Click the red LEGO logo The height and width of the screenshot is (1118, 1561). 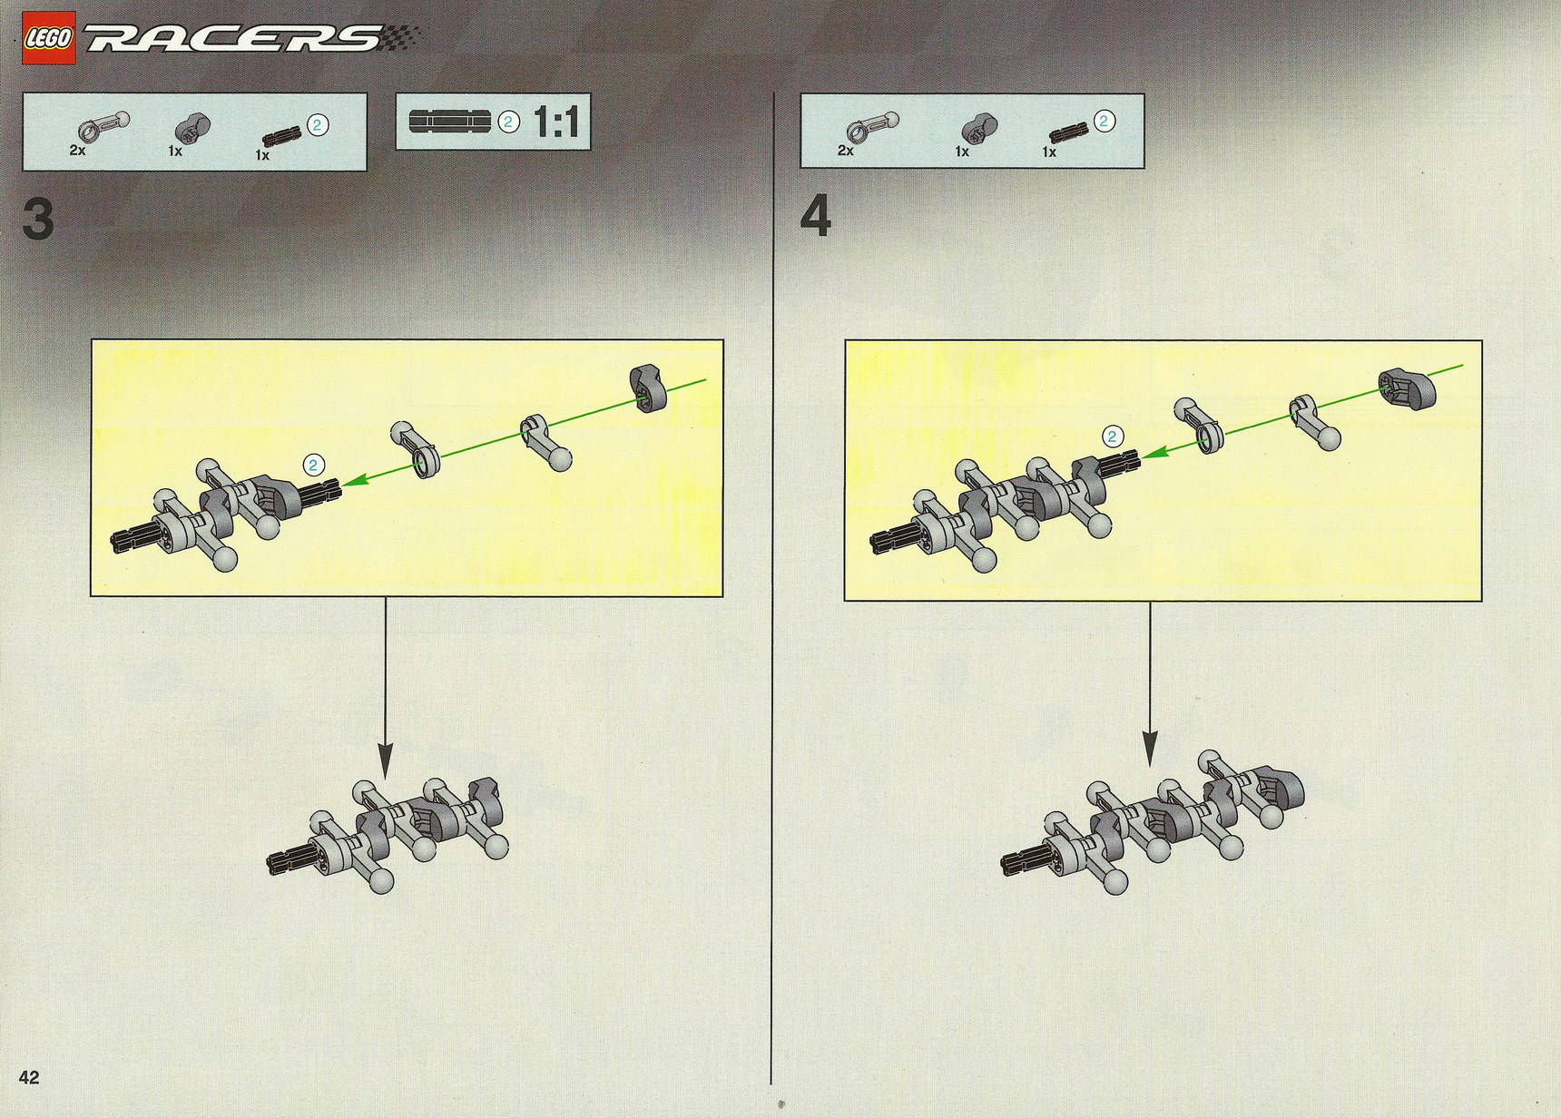point(49,38)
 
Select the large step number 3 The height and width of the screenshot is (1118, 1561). point(38,221)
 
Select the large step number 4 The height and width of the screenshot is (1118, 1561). point(816,219)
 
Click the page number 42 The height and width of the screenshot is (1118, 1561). point(29,1077)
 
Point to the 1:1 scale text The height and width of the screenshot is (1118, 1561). point(556,122)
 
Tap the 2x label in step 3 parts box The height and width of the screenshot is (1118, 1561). point(77,151)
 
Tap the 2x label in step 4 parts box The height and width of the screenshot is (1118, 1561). point(845,151)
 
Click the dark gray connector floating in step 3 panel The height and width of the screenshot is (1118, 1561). point(649,388)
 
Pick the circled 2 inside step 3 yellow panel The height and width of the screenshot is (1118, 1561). point(313,466)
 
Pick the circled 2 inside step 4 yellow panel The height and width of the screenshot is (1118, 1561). point(1112,436)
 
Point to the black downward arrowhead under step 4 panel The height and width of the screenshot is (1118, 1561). point(1150,749)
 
